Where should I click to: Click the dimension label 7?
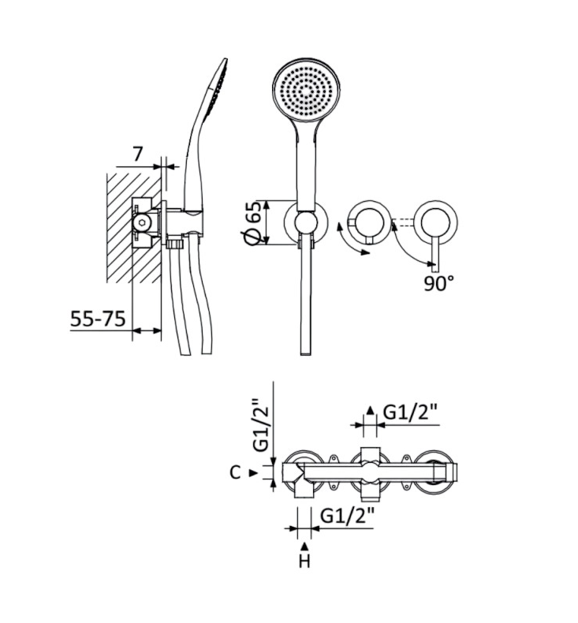coord(137,154)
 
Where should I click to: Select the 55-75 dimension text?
coord(98,319)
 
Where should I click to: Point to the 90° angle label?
coord(438,284)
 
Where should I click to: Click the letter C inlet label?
coord(235,473)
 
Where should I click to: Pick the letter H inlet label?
coord(304,561)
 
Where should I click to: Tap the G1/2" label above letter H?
coord(347,516)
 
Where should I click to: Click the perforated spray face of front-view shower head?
coord(306,91)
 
